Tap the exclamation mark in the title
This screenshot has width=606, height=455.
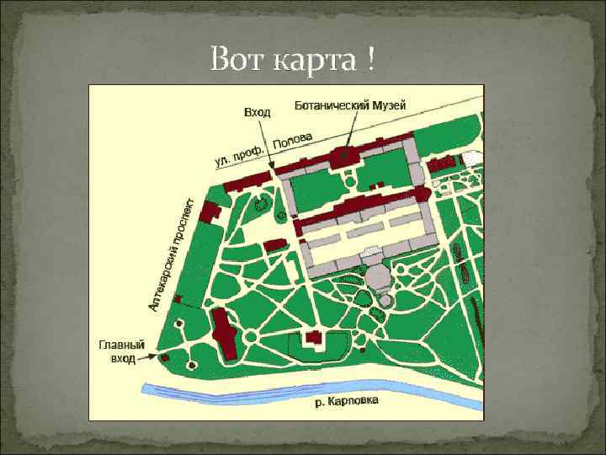tap(371, 60)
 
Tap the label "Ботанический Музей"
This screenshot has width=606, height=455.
tap(350, 105)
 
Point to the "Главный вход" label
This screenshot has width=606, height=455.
tap(122, 351)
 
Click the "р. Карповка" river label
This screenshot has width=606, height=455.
tap(347, 401)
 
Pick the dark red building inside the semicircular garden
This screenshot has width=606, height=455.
tap(314, 337)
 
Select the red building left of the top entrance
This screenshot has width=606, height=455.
tap(245, 179)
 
